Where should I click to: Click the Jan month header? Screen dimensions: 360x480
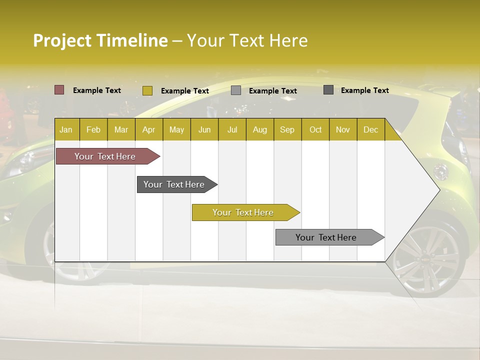tap(66, 130)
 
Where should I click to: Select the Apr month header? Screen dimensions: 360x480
tap(148, 130)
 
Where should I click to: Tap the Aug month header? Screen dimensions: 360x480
tap(259, 130)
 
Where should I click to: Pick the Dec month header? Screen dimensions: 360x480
tap(370, 130)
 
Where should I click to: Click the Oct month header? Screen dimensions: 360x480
tap(315, 130)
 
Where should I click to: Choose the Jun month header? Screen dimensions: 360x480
tap(204, 130)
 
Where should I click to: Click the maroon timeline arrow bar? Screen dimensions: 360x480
tap(105, 156)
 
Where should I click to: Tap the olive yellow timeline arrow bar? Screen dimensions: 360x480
tap(243, 212)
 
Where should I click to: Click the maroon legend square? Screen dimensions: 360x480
tap(59, 90)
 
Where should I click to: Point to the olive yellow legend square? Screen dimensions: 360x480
tap(147, 90)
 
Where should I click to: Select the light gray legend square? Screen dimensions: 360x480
tap(236, 90)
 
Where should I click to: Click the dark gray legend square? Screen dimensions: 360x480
tap(328, 90)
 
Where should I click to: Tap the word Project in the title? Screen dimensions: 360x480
tap(62, 40)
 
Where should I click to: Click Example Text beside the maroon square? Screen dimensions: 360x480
tap(97, 90)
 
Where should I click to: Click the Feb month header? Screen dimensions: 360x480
tap(93, 130)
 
